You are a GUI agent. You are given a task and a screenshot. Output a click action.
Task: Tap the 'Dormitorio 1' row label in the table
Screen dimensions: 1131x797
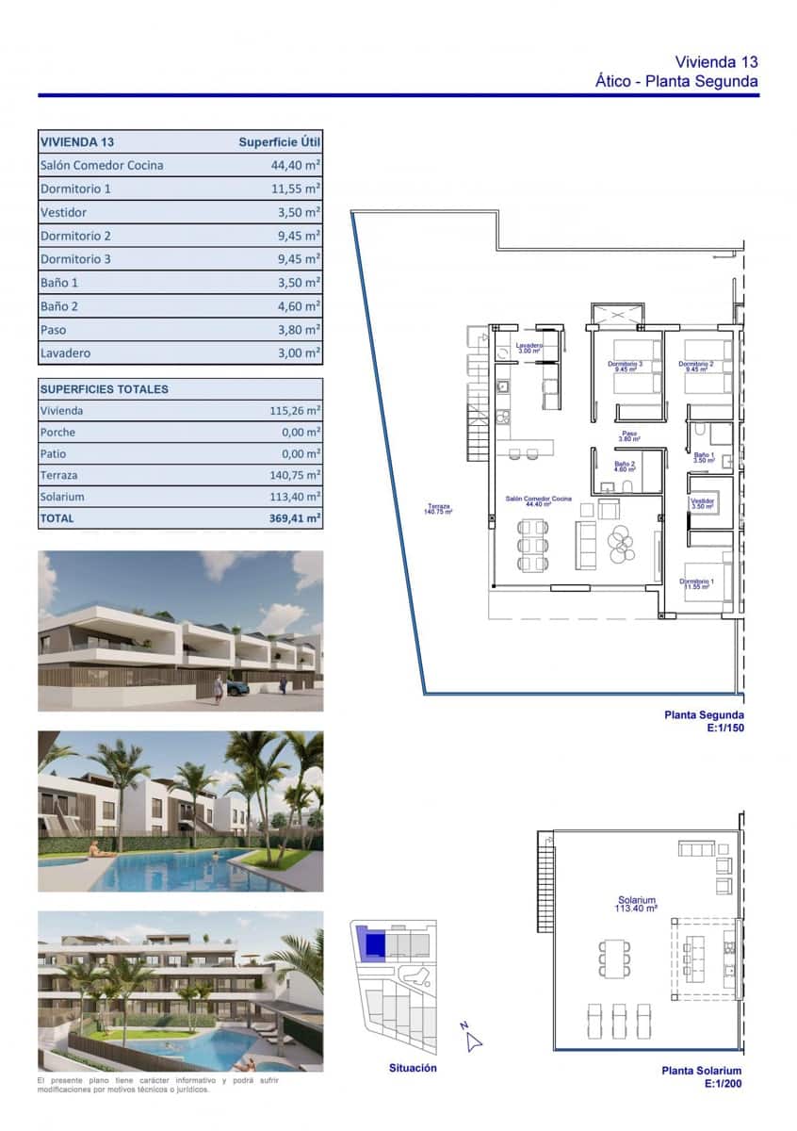pos(75,188)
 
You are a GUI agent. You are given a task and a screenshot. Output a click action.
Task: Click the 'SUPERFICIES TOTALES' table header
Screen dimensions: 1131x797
pos(105,388)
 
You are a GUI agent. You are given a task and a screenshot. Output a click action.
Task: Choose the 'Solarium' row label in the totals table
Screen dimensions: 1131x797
pos(62,497)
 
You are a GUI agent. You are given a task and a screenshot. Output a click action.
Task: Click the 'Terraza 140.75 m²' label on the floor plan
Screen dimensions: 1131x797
pos(439,509)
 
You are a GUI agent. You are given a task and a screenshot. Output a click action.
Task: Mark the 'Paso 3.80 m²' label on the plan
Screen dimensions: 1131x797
pos(629,436)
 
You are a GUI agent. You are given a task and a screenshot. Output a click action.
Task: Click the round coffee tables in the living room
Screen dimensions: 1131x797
pos(623,541)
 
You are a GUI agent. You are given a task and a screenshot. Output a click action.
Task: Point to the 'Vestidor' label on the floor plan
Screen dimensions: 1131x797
pos(703,503)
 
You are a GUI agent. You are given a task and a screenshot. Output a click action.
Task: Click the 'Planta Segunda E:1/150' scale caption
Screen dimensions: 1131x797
pos(704,721)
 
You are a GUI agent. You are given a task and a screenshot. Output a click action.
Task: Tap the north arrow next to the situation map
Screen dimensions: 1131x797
pos(472,1039)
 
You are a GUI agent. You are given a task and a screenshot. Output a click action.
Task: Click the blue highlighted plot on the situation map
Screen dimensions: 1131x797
pos(375,943)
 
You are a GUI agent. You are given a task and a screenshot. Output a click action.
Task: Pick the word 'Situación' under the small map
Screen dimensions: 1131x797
pos(413,1068)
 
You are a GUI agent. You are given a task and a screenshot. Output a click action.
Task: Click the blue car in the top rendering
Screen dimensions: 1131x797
pos(236,688)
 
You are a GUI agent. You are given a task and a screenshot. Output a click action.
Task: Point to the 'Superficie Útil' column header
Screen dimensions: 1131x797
pos(279,142)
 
